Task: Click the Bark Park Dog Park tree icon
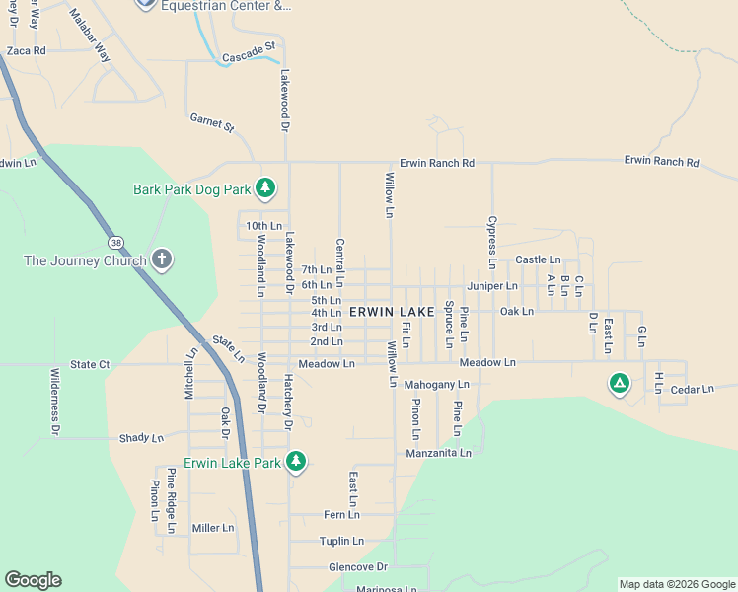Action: click(x=264, y=187)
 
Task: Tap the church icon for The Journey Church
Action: click(x=163, y=260)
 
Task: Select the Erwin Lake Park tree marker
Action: click(x=295, y=461)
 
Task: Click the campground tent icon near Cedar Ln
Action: click(x=619, y=383)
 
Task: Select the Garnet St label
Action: click(x=211, y=122)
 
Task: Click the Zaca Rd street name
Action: click(x=26, y=50)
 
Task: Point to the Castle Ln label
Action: click(x=538, y=259)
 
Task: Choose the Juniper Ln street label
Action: click(x=492, y=286)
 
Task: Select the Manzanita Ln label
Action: click(x=438, y=453)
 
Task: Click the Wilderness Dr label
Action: click(x=55, y=402)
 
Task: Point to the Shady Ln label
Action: click(x=141, y=438)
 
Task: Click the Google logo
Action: click(x=33, y=580)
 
